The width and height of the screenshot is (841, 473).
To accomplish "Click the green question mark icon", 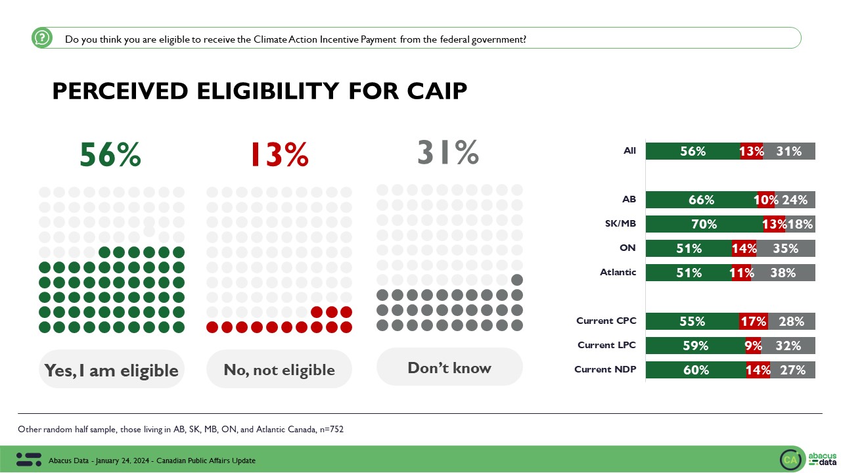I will pos(42,38).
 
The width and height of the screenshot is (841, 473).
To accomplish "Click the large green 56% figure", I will pos(110,155).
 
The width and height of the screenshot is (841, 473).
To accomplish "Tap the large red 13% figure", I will pos(279,155).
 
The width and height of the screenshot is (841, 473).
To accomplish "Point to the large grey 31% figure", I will pos(448,152).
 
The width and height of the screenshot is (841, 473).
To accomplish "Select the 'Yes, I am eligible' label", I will pos(111,371).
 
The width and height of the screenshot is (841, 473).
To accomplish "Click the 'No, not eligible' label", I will pos(279,371).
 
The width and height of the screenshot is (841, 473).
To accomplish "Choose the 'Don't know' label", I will pos(449,368).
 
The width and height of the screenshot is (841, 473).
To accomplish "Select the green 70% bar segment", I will pos(704,224).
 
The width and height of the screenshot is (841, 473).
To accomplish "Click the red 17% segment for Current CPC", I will pos(754,321).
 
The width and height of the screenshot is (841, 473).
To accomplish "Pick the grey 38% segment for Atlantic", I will pos(784,273).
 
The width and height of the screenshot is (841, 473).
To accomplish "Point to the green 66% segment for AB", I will pos(701,200).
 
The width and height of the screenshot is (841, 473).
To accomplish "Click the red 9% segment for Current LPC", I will pos(753,346).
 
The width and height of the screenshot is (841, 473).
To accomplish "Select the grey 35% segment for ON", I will pos(786,248).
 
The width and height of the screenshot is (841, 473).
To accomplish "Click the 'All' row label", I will pos(629,151).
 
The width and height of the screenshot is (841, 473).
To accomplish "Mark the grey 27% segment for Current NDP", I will pos(792,370).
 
